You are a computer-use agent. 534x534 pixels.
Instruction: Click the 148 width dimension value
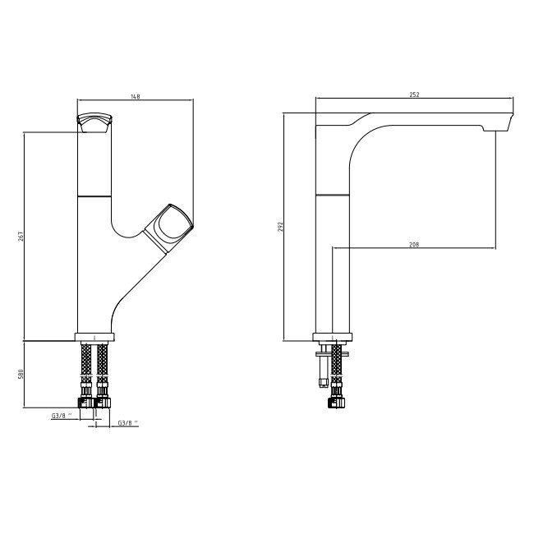click(136, 96)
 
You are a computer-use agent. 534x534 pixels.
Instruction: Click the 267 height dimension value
click(20, 237)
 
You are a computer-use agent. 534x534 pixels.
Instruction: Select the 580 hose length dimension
click(20, 375)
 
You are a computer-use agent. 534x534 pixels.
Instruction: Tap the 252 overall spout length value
click(414, 94)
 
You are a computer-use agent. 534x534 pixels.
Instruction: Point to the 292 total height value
click(280, 227)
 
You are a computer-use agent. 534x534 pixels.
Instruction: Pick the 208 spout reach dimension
click(414, 245)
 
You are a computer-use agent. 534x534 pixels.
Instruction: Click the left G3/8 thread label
click(62, 416)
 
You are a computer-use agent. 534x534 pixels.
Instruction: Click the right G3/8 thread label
click(128, 423)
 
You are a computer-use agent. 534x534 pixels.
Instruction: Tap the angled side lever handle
click(168, 228)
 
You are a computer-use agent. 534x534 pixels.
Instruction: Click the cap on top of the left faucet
click(94, 122)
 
